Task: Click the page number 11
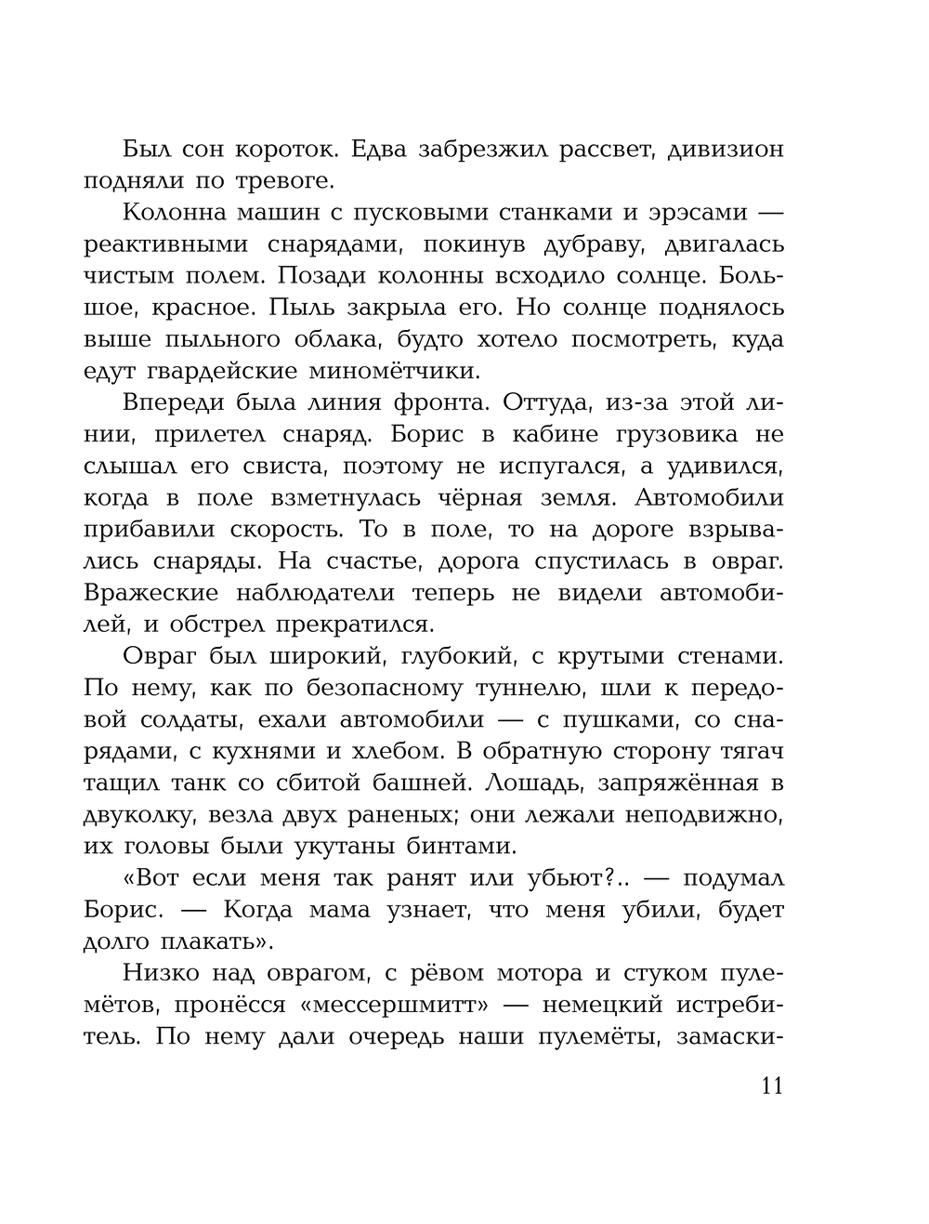(772, 1086)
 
